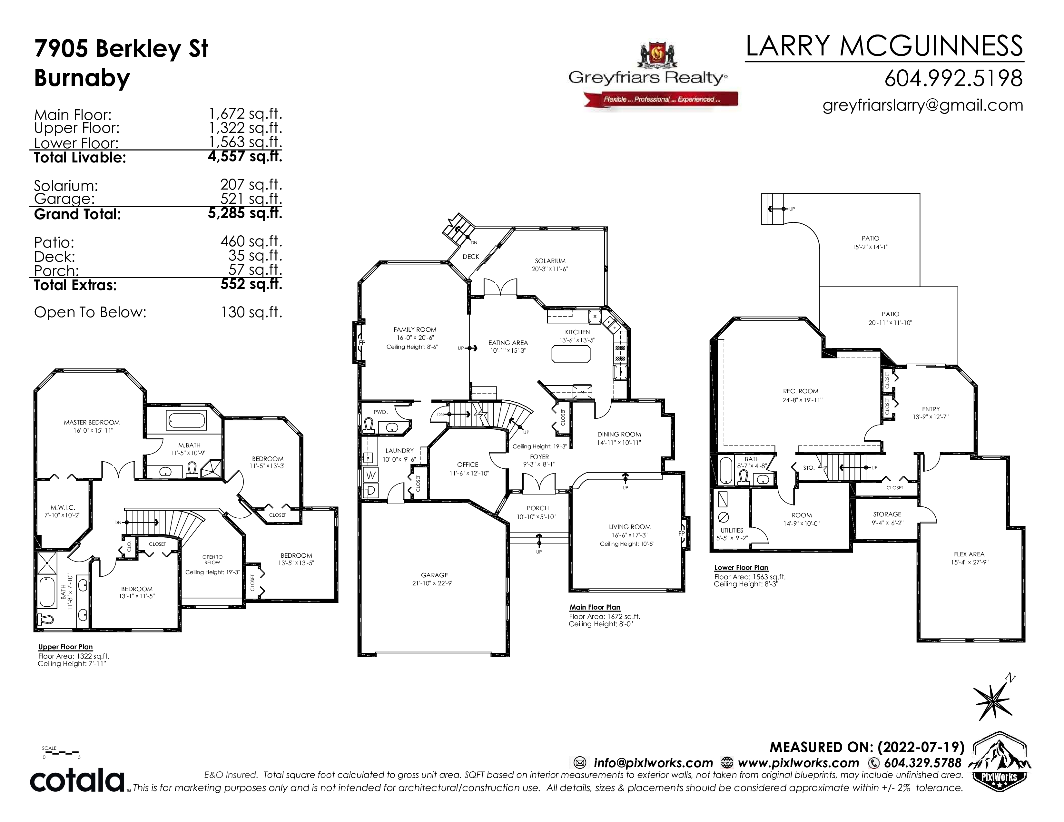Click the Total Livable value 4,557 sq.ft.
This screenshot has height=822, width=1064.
coord(245,157)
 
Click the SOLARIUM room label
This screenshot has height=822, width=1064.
coord(550,261)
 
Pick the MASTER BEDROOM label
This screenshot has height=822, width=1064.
coord(92,422)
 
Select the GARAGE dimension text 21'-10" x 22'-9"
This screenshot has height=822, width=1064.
coord(433,583)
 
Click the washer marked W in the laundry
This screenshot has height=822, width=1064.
coord(371,475)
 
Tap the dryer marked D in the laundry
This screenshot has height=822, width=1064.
coord(371,490)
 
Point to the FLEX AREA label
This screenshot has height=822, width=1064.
coord(969,554)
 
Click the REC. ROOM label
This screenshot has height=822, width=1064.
coord(801,391)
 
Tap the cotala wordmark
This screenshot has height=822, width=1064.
coord(77,781)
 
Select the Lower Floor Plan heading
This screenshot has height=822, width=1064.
coord(741,567)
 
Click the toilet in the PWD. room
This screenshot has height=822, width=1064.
coord(369,426)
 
